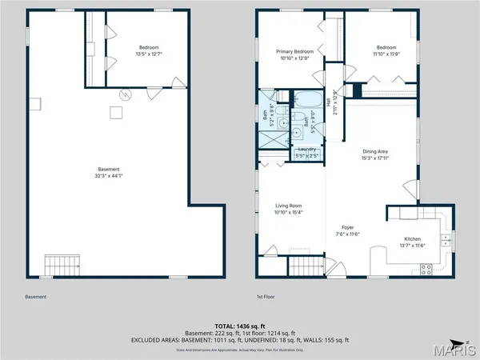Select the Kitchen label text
(412, 239)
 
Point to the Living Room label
(289, 206)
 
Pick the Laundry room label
(307, 150)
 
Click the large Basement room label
(109, 169)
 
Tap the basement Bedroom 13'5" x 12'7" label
(149, 47)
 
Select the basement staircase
(61, 263)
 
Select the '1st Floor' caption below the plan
(266, 297)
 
